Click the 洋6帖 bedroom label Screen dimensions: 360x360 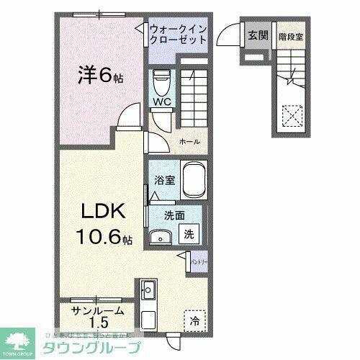tap(100, 75)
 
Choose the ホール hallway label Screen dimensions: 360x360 tap(189, 142)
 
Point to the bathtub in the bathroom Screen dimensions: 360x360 tap(194, 181)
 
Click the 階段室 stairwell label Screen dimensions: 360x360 tap(290, 34)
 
